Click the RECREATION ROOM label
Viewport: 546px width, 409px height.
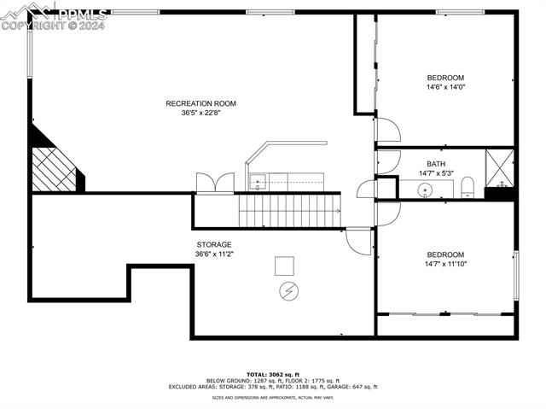click(x=200, y=103)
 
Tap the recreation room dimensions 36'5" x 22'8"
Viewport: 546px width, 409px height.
click(x=200, y=113)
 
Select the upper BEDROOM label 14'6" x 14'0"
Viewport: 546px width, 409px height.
click(x=445, y=78)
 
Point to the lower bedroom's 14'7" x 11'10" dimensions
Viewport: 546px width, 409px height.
click(x=445, y=264)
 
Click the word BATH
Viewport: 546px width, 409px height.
click(x=436, y=164)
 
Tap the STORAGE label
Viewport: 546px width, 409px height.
click(x=214, y=244)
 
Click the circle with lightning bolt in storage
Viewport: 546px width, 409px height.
click(x=288, y=291)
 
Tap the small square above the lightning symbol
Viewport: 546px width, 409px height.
click(x=285, y=266)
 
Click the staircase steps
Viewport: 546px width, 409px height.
click(x=289, y=210)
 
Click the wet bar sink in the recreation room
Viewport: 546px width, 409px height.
click(x=258, y=181)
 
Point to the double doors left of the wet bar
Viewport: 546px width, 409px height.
click(x=213, y=183)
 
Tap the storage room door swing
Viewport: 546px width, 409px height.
click(x=359, y=241)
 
